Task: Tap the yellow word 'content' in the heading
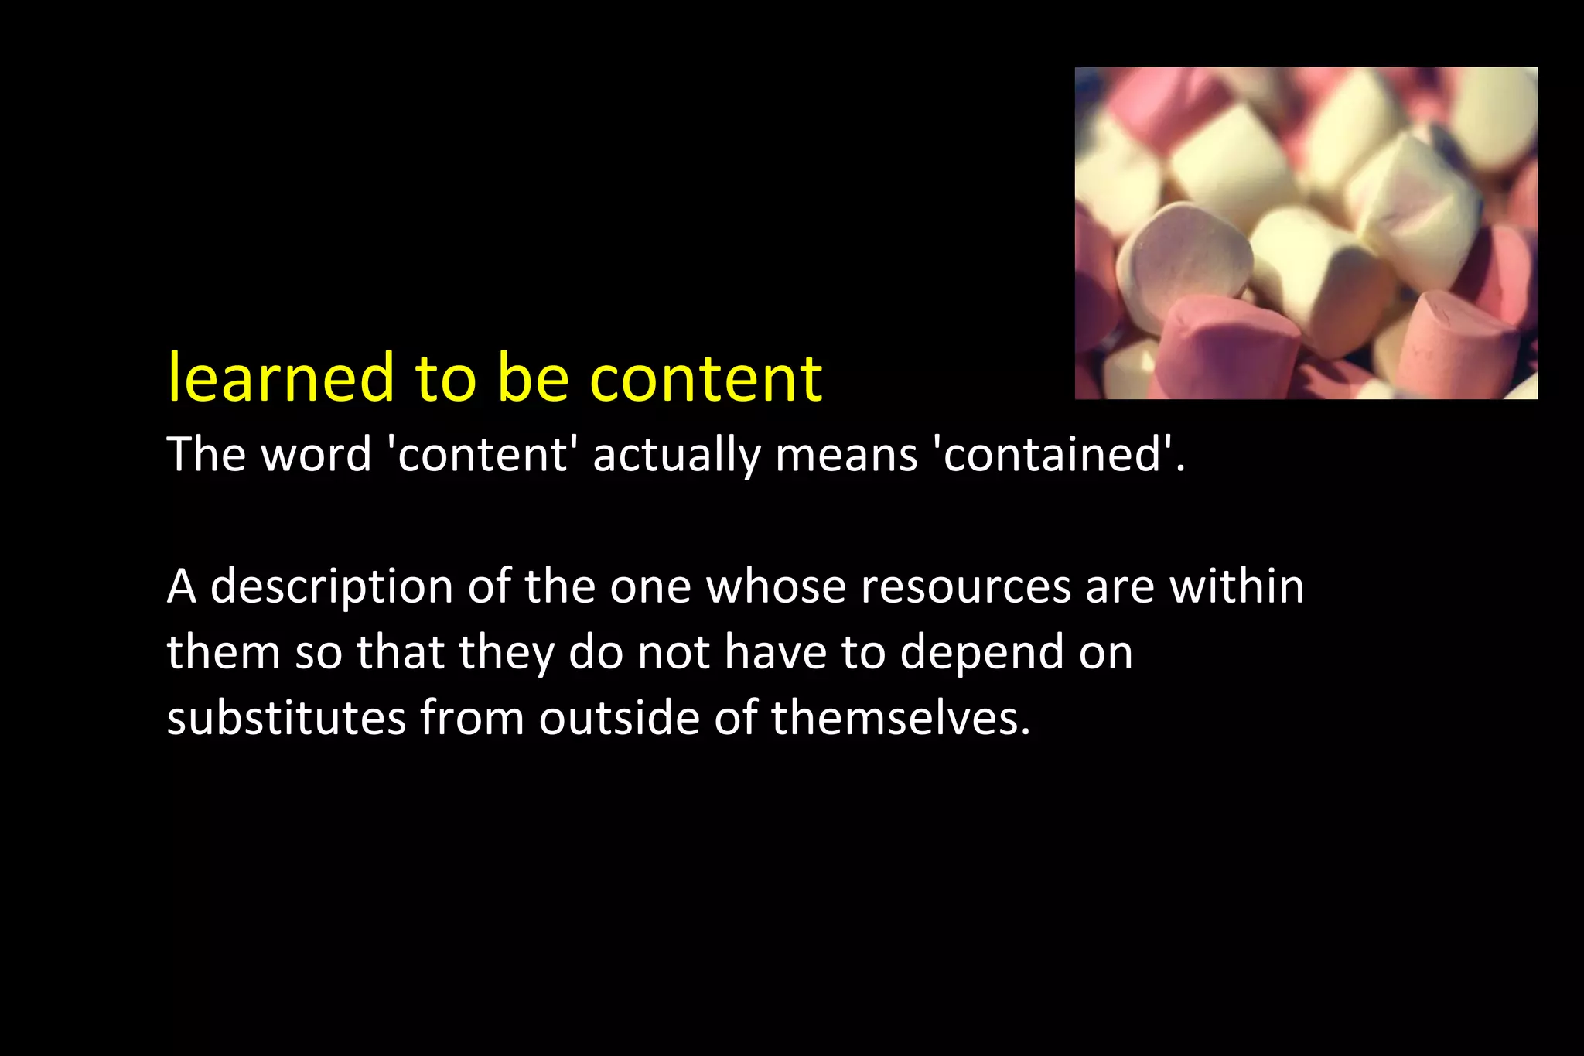pos(705,380)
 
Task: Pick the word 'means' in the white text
pos(846,456)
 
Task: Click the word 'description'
pos(332,587)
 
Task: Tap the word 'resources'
pos(965,587)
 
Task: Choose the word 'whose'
pos(777,586)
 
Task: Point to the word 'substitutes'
pos(286,718)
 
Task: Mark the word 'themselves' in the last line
pos(900,718)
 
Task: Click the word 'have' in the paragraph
pos(775,652)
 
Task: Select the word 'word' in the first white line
pos(316,454)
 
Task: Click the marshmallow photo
pos(1306,233)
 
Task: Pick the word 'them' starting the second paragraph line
pos(224,652)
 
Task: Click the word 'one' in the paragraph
pos(650,587)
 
